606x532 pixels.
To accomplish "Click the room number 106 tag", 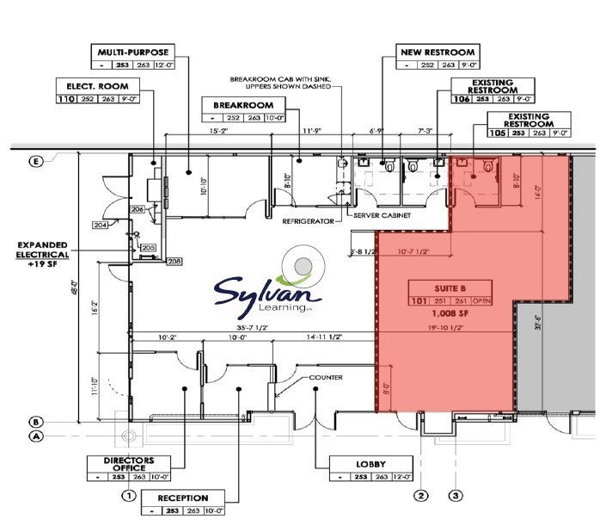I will (461, 99).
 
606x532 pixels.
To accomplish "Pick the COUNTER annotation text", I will (326, 377).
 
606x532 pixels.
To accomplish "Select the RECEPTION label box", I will (182, 498).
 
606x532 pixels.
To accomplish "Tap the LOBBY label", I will (371, 465).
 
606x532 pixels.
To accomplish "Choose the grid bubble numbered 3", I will (456, 495).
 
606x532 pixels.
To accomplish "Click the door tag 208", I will (174, 261).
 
